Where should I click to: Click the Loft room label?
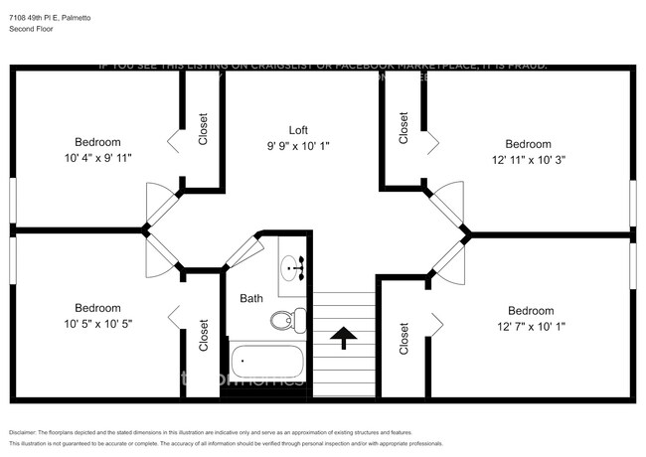pos(298,130)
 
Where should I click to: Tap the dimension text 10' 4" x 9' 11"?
pos(97,157)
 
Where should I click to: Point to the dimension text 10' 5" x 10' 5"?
pos(97,324)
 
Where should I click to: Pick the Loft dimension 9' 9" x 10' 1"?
pos(298,146)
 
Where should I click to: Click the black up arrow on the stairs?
pos(344,338)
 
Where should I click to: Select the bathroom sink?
pos(294,266)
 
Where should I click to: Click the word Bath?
pos(251,298)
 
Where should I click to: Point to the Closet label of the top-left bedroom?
pos(204,128)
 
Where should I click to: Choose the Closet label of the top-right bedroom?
pos(404,128)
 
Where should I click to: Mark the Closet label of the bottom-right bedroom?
pos(404,338)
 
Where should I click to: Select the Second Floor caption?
pos(31,29)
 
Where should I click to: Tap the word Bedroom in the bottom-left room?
pos(97,308)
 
